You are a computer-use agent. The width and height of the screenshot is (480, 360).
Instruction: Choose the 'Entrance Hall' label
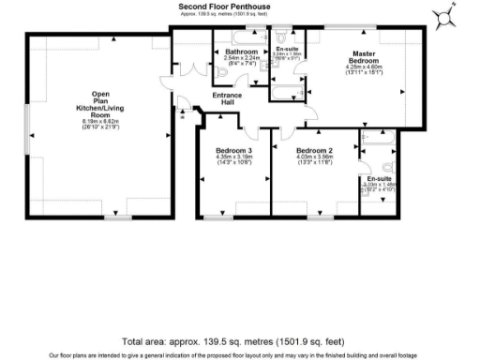click(227, 98)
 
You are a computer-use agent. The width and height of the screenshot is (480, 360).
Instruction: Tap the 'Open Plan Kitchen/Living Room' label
click(100, 104)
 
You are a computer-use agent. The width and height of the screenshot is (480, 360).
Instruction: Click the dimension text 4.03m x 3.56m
click(315, 157)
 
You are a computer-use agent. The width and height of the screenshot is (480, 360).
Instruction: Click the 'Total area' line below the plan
click(239, 341)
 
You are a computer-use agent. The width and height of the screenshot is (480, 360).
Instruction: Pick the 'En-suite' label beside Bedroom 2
click(379, 178)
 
